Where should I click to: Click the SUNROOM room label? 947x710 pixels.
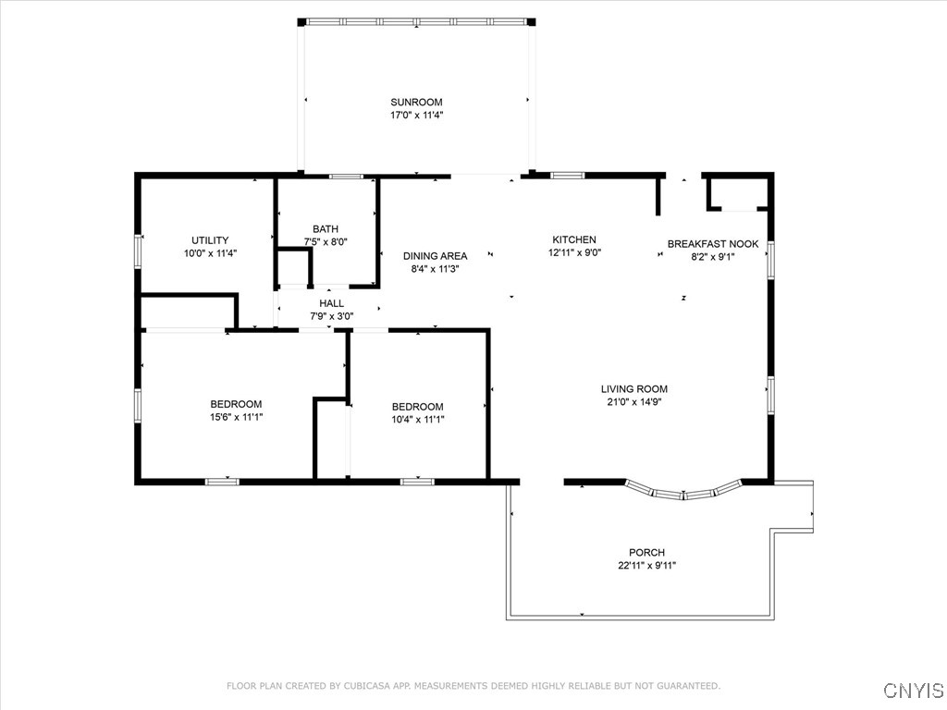click(x=416, y=102)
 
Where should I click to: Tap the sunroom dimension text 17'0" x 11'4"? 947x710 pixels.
click(x=416, y=116)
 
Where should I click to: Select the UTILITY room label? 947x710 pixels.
click(x=210, y=240)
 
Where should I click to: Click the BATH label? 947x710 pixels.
click(x=326, y=229)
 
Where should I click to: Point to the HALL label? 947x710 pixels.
click(x=331, y=303)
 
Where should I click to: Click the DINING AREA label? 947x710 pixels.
click(x=435, y=256)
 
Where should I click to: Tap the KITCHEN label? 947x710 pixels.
click(x=574, y=239)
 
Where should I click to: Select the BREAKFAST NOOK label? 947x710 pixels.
click(x=713, y=244)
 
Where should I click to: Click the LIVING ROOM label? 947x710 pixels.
click(x=633, y=389)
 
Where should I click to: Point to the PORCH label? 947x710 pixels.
click(x=647, y=553)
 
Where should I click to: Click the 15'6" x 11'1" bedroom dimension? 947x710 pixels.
click(x=236, y=417)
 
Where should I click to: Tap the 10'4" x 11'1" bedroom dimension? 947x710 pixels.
click(x=417, y=420)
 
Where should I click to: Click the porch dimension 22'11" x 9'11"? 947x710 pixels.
click(x=647, y=566)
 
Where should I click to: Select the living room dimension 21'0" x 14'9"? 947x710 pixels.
click(x=633, y=402)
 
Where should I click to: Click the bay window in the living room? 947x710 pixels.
click(x=684, y=491)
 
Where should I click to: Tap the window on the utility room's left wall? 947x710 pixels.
click(x=138, y=251)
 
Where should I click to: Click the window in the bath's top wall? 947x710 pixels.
click(x=347, y=175)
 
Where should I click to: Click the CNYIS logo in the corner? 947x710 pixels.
click(x=913, y=691)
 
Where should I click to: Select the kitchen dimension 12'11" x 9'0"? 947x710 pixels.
click(x=574, y=252)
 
